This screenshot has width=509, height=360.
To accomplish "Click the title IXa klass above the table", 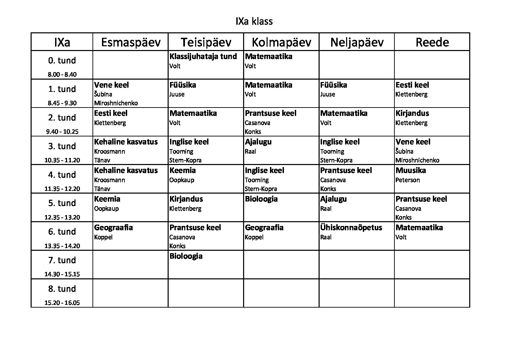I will [254, 21].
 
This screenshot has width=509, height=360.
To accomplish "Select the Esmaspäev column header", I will [131, 42].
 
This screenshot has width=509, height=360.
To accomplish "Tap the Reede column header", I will [432, 42].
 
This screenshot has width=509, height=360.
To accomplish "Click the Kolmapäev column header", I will [281, 42].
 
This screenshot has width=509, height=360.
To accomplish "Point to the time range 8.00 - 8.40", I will [62, 74].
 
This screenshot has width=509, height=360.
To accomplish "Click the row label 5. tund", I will [62, 203].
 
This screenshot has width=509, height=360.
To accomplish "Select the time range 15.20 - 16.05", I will [62, 302].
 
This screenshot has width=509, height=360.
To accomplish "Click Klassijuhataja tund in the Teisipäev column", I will [203, 56].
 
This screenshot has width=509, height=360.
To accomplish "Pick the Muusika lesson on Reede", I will [411, 170].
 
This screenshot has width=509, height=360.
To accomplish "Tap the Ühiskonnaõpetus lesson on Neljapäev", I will [351, 228].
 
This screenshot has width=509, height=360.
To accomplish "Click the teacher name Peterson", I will [407, 180].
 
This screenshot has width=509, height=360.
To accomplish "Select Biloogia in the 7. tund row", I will [186, 256].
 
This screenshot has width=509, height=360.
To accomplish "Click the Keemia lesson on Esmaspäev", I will [107, 199].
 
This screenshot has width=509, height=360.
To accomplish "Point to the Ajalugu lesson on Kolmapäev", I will [258, 142].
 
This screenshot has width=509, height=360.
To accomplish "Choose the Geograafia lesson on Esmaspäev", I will [113, 228].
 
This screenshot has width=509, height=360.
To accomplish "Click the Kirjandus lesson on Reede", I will [412, 113].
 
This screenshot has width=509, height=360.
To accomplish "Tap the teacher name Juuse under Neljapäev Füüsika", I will [327, 94].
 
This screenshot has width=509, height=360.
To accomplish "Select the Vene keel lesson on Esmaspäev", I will [112, 85].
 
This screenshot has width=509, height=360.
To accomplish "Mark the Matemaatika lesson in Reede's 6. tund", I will [419, 228].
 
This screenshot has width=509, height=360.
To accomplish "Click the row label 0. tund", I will [62, 61].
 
